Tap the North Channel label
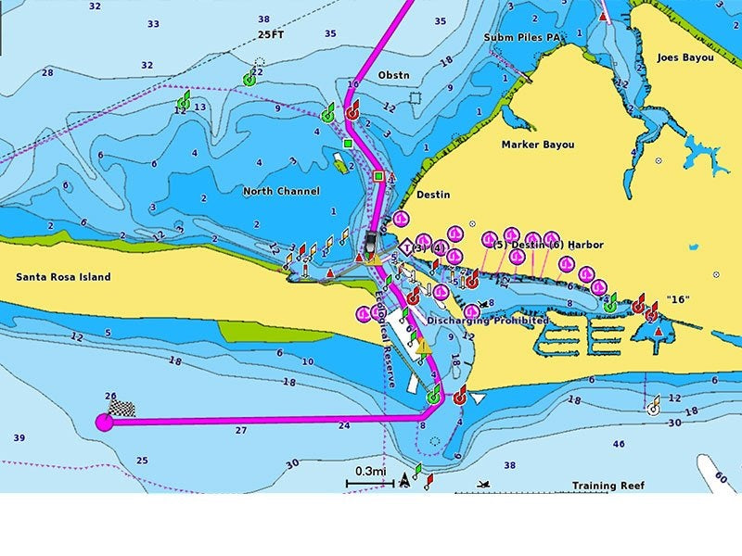pos(281,192)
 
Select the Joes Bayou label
pos(685,57)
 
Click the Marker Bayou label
pos(537,145)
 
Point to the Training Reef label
pos(607,486)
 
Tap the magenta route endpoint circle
pos(104,423)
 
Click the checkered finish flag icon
pos(122,406)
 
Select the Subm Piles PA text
pos(523,38)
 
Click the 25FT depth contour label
pos(271,34)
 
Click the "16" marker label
pos(678,300)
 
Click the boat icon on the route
pos(371,245)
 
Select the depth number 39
pos(19,437)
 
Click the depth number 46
pos(619,445)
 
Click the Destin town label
pos(432,195)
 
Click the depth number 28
pos(47,71)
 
